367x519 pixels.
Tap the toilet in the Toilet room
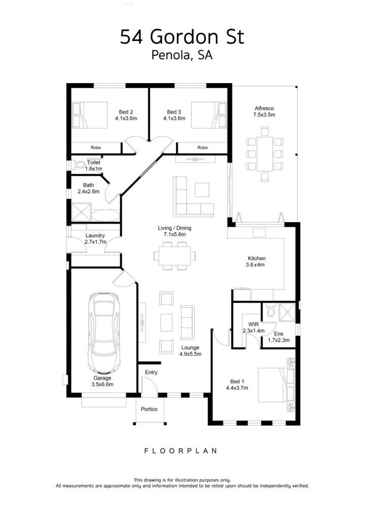[x=79, y=165]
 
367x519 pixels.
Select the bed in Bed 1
[x=276, y=385]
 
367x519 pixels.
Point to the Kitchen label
[x=256, y=258]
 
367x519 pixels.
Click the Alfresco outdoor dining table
[x=265, y=154]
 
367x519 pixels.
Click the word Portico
[x=149, y=409]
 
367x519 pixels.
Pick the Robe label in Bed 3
[x=203, y=147]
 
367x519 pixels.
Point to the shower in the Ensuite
[x=287, y=312]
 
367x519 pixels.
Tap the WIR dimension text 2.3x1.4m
[x=254, y=330]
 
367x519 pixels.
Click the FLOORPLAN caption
[x=180, y=451]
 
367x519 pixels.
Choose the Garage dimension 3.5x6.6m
[x=102, y=384]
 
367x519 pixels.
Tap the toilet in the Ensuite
[x=270, y=310]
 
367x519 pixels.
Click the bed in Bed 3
[x=209, y=115]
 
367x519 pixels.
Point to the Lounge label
[x=190, y=348]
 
